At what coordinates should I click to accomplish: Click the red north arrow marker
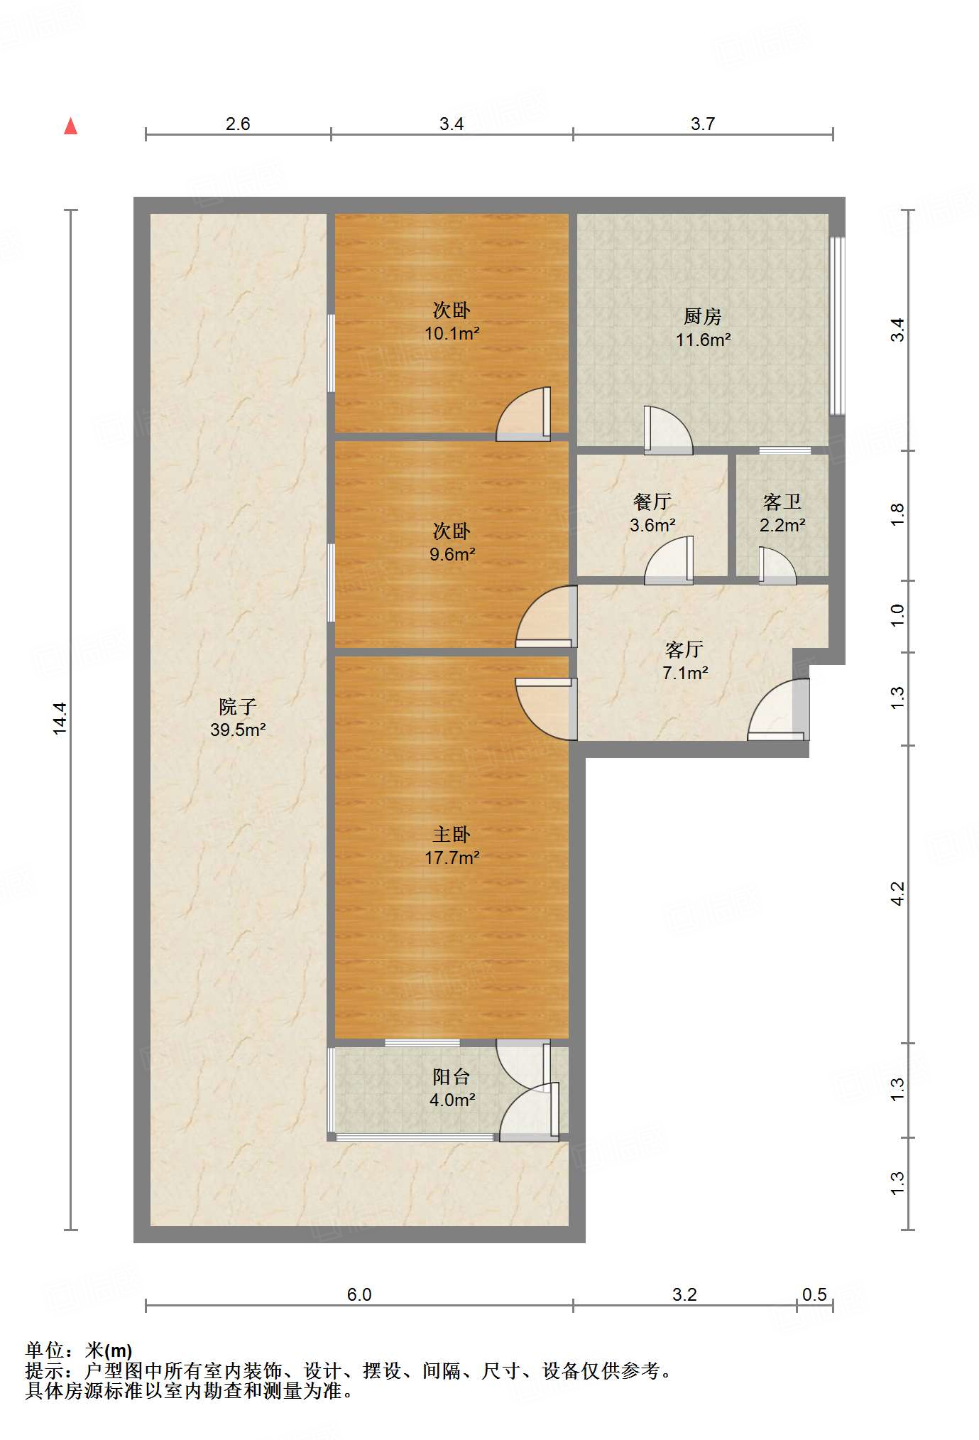[x=70, y=126]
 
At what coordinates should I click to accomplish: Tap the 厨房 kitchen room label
[x=702, y=316]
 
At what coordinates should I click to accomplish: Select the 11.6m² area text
[x=702, y=340]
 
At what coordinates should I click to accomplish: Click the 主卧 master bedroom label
[x=452, y=834]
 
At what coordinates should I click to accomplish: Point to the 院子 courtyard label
[x=237, y=706]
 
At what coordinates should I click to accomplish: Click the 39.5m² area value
[x=237, y=730]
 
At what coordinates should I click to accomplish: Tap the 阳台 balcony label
[x=452, y=1076]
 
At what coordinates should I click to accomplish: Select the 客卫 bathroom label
[x=782, y=502]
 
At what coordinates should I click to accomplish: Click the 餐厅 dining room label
[x=652, y=502]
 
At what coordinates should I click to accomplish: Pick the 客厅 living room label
[x=684, y=649]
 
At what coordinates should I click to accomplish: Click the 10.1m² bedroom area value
[x=452, y=333]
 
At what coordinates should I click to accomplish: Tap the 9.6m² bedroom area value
[x=452, y=554]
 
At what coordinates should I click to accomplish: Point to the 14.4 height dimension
[x=60, y=718]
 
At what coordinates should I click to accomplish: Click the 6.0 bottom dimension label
[x=359, y=1294]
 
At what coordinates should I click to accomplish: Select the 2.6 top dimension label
[x=238, y=124]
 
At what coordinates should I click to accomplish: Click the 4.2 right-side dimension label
[x=898, y=893]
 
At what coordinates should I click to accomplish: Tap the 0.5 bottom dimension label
[x=814, y=1294]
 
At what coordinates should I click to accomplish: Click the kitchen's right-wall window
[x=838, y=326]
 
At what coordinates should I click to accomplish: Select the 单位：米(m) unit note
[x=79, y=1350]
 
